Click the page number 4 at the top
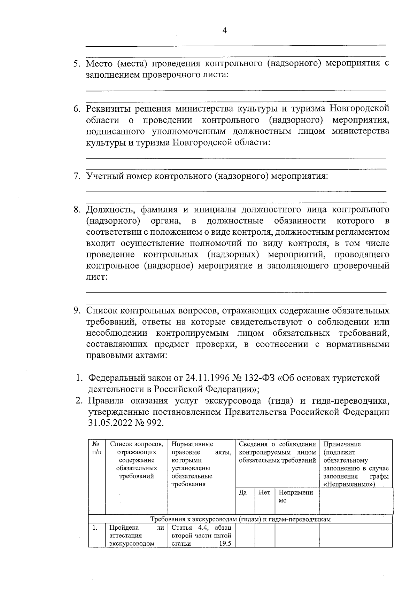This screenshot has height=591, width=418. pyautogui.click(x=224, y=31)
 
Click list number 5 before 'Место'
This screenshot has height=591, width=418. pyautogui.click(x=77, y=64)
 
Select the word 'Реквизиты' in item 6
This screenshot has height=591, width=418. pyautogui.click(x=107, y=109)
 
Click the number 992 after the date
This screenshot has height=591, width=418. pyautogui.click(x=155, y=423)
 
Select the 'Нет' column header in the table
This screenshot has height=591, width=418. pyautogui.click(x=264, y=492)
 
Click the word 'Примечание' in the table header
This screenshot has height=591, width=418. pyautogui.click(x=342, y=444)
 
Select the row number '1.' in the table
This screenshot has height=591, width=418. pyautogui.click(x=94, y=528)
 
